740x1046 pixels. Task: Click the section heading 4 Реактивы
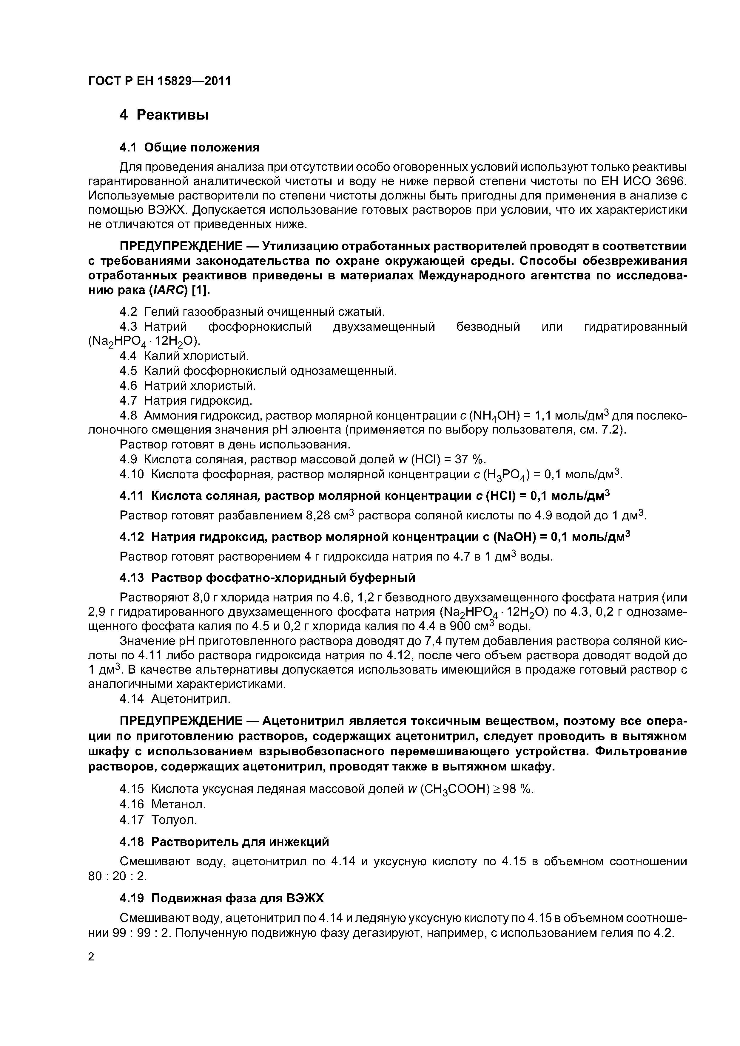(x=164, y=115)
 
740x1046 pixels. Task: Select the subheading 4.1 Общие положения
(x=189, y=147)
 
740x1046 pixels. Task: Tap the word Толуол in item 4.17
(x=174, y=820)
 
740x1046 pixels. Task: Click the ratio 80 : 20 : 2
(x=117, y=876)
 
